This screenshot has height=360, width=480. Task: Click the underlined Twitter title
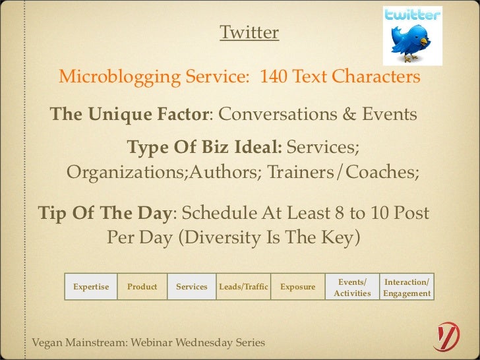tap(249, 32)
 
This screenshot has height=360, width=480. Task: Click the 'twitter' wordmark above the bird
tap(412, 15)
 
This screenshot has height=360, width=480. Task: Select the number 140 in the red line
tap(274, 78)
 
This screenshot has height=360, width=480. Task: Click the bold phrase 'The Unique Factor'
tap(129, 115)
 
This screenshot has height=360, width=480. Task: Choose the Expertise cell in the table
tap(91, 287)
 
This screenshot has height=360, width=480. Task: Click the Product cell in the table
tap(142, 287)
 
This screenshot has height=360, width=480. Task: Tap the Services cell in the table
tap(192, 287)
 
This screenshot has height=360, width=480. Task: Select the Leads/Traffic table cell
tap(243, 287)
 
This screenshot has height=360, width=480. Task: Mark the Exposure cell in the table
tap(297, 287)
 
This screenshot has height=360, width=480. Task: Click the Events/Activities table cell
tap(352, 287)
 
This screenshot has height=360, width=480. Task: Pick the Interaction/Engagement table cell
tap(407, 287)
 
